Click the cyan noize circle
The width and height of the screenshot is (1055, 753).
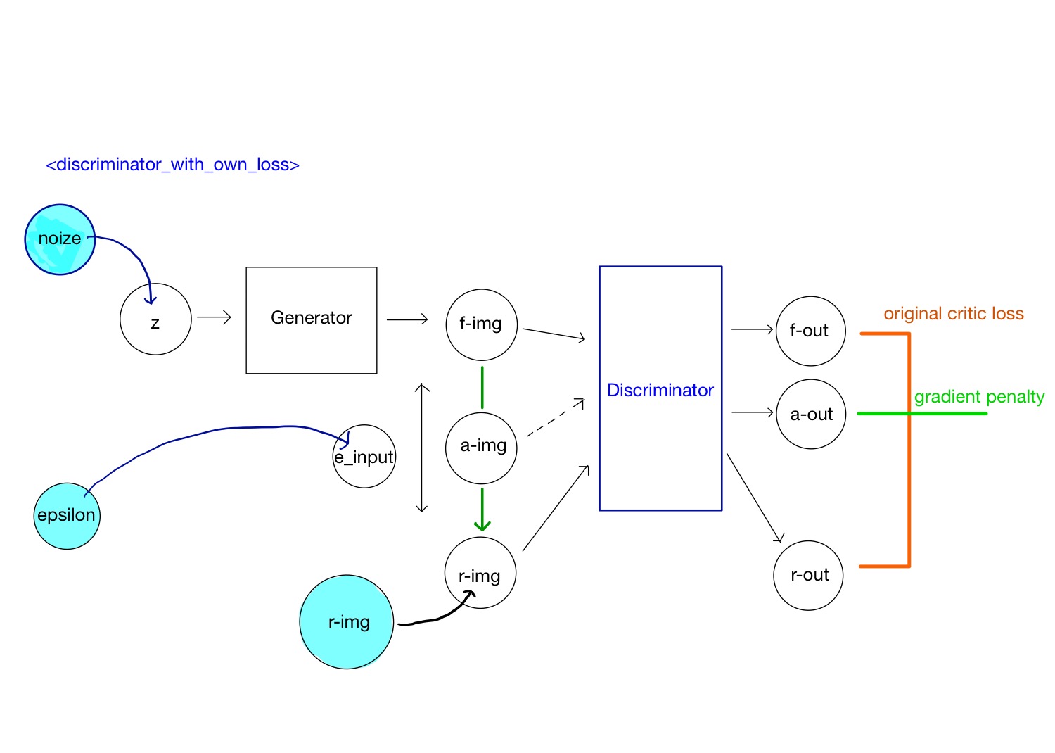(x=60, y=239)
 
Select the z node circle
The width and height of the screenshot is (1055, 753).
(x=155, y=319)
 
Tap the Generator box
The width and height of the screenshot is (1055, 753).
(x=312, y=319)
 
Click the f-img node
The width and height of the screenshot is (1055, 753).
(x=482, y=324)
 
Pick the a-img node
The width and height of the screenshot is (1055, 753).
(x=482, y=448)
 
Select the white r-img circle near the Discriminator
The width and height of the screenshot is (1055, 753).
(x=480, y=572)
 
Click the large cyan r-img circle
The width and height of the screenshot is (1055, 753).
(x=347, y=622)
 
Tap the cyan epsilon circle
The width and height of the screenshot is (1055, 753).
(x=67, y=516)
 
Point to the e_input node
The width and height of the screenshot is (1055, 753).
(x=364, y=457)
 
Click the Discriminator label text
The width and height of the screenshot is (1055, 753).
(x=660, y=391)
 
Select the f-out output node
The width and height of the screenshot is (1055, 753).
(x=810, y=331)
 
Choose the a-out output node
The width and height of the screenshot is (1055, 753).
(x=811, y=415)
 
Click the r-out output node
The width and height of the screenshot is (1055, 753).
(x=808, y=575)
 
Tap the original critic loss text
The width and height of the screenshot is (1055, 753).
(x=953, y=314)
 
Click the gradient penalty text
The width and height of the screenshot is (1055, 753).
(x=979, y=397)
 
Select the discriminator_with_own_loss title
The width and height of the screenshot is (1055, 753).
(x=172, y=165)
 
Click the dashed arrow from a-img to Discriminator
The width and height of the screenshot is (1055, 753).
(x=556, y=418)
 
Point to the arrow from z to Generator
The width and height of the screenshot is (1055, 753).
(x=214, y=317)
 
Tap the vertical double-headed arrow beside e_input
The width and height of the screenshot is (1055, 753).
(x=422, y=448)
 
